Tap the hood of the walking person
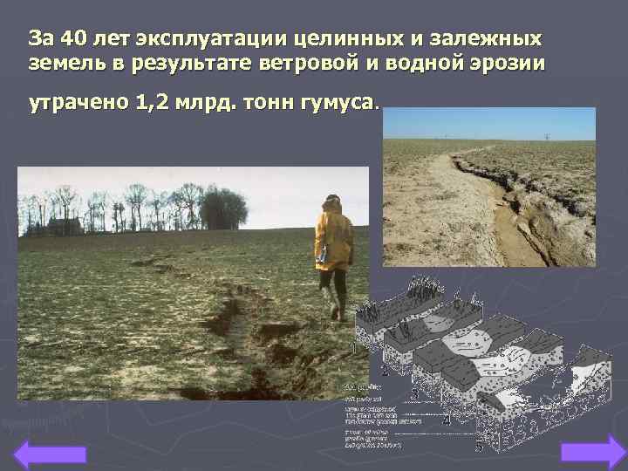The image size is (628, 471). tap(332, 204)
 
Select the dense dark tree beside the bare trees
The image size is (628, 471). tap(224, 210)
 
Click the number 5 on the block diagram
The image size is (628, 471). tap(479, 448)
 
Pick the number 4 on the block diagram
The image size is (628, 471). tap(446, 421)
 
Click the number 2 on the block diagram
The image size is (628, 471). tap(385, 371)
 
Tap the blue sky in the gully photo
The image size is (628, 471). tap(488, 123)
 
